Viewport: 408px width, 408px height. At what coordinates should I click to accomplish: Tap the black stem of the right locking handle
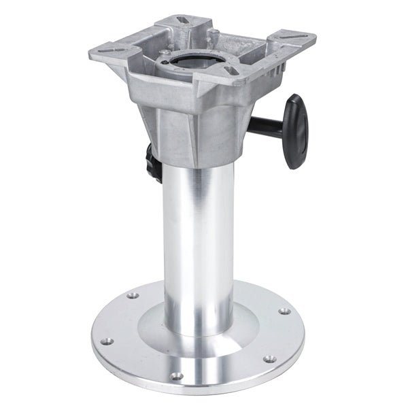[272, 124]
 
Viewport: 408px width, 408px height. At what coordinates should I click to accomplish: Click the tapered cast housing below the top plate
[197, 129]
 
